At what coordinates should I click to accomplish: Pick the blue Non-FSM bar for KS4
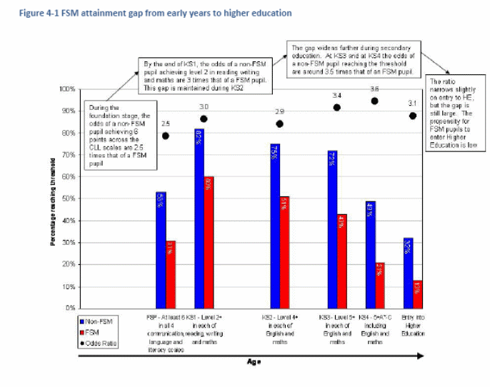point(370,254)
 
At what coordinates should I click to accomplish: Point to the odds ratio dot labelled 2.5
point(166,136)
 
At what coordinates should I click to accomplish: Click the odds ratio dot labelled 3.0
point(204,119)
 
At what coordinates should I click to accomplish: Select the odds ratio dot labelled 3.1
point(413,116)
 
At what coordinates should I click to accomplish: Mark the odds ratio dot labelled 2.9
point(279,124)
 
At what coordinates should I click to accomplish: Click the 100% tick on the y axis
point(66,89)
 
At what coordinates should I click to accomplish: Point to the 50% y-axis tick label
point(68,198)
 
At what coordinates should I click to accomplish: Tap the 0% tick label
point(70,308)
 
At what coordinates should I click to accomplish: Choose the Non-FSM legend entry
point(96,322)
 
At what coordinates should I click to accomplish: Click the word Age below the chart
point(254,362)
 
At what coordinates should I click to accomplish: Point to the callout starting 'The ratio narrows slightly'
point(451,114)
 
